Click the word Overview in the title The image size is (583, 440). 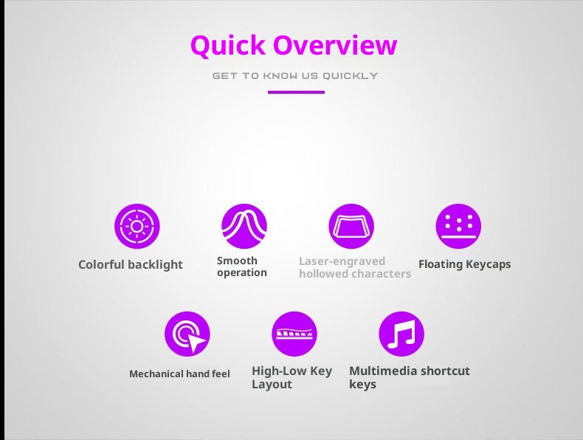coord(336,45)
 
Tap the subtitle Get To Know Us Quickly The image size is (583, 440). coord(295,75)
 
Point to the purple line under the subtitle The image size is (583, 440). coord(296,92)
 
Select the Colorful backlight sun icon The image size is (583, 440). coord(137,226)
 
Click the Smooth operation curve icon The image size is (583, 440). coord(244,226)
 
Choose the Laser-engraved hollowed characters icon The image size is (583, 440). coord(351,226)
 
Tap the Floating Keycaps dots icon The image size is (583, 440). coord(458,226)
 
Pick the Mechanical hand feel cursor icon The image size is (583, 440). coord(187,334)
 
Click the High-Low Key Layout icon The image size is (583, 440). coord(294,334)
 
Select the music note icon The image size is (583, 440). coord(401,334)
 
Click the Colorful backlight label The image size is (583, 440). coord(131,264)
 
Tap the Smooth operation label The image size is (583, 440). coord(242,267)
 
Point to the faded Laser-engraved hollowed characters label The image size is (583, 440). coord(354,267)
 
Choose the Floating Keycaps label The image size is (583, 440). coord(464,264)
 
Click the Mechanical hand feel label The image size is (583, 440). coord(179,374)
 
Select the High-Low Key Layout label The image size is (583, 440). coord(291,377)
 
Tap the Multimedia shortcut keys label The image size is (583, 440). coord(409,377)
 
